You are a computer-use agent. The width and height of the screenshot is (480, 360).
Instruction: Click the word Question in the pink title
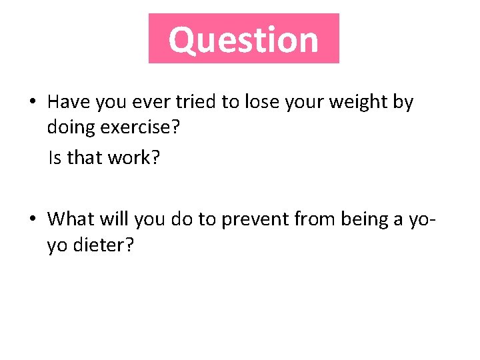pyautogui.click(x=243, y=39)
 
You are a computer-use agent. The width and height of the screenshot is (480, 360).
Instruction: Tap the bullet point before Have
pyautogui.click(x=32, y=102)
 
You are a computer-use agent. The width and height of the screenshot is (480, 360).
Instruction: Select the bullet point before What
pyautogui.click(x=32, y=218)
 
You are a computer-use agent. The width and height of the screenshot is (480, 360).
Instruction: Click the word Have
pyautogui.click(x=69, y=102)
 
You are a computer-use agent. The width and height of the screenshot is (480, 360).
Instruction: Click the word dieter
pyautogui.click(x=101, y=246)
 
